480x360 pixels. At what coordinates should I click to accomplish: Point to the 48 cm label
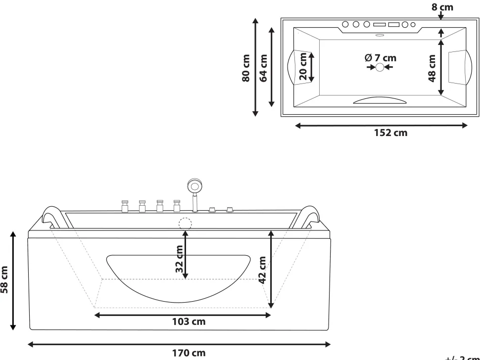click(432, 68)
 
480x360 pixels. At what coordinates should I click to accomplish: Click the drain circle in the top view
click(380, 67)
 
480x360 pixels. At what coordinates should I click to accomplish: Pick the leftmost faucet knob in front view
click(125, 205)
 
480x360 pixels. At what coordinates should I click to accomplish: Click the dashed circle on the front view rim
click(185, 224)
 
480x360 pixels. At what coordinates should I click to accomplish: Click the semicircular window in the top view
click(380, 100)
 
